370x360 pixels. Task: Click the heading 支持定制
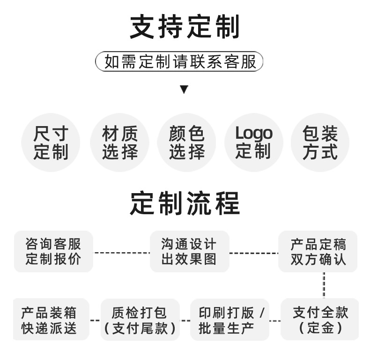(185, 27)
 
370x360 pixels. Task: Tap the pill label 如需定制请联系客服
(180, 62)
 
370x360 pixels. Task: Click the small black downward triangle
(184, 90)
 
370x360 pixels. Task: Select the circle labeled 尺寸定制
(51, 143)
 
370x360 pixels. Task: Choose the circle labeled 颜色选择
(186, 143)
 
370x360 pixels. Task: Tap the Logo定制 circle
(253, 143)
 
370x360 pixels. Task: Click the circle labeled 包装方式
(320, 143)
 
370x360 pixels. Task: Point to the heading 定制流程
(185, 203)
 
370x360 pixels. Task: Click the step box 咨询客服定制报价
(53, 251)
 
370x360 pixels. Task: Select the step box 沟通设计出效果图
(189, 251)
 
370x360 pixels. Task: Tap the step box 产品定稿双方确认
(318, 251)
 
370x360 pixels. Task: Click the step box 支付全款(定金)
(320, 319)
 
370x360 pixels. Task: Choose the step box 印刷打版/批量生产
(230, 320)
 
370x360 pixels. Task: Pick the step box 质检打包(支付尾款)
(140, 320)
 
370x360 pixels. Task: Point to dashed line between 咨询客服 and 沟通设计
(121, 253)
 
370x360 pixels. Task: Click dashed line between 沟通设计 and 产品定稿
(253, 253)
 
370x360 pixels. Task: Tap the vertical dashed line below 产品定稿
(324, 285)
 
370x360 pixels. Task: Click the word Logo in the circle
(253, 134)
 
